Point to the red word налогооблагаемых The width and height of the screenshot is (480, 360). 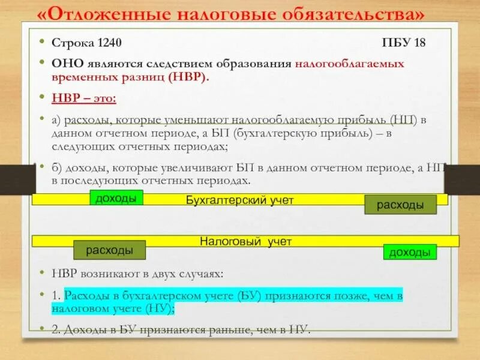[x=349, y=63]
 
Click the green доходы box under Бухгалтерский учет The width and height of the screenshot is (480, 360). [x=116, y=198]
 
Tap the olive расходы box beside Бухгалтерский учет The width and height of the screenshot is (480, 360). [x=399, y=205]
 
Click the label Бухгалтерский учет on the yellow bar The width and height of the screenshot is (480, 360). [x=239, y=200]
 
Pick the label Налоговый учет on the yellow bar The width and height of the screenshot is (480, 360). [x=245, y=241]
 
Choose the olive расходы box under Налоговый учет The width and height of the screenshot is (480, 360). [x=110, y=250]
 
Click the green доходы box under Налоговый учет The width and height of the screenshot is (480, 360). [x=410, y=253]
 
